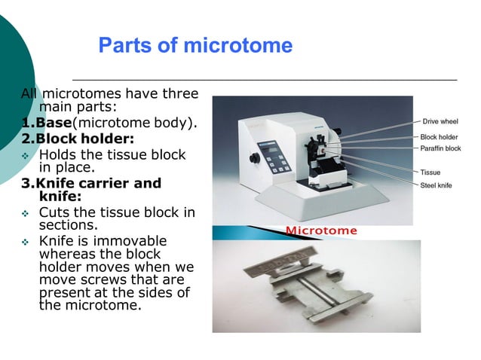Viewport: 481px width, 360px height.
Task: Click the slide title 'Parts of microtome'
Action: point(195,46)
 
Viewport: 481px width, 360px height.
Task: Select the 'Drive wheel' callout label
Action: point(440,121)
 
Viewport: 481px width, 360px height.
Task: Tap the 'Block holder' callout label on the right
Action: point(439,137)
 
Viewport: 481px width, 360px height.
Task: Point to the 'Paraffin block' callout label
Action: point(440,148)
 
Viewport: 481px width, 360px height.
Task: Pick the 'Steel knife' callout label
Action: point(436,185)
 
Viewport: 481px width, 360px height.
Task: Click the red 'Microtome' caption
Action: point(322,230)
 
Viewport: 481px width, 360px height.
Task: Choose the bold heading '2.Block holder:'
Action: point(78,139)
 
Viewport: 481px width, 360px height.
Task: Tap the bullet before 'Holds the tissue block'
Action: point(26,155)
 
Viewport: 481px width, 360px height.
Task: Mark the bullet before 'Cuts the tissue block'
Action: point(26,213)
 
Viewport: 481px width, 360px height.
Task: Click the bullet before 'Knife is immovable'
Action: point(26,242)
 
